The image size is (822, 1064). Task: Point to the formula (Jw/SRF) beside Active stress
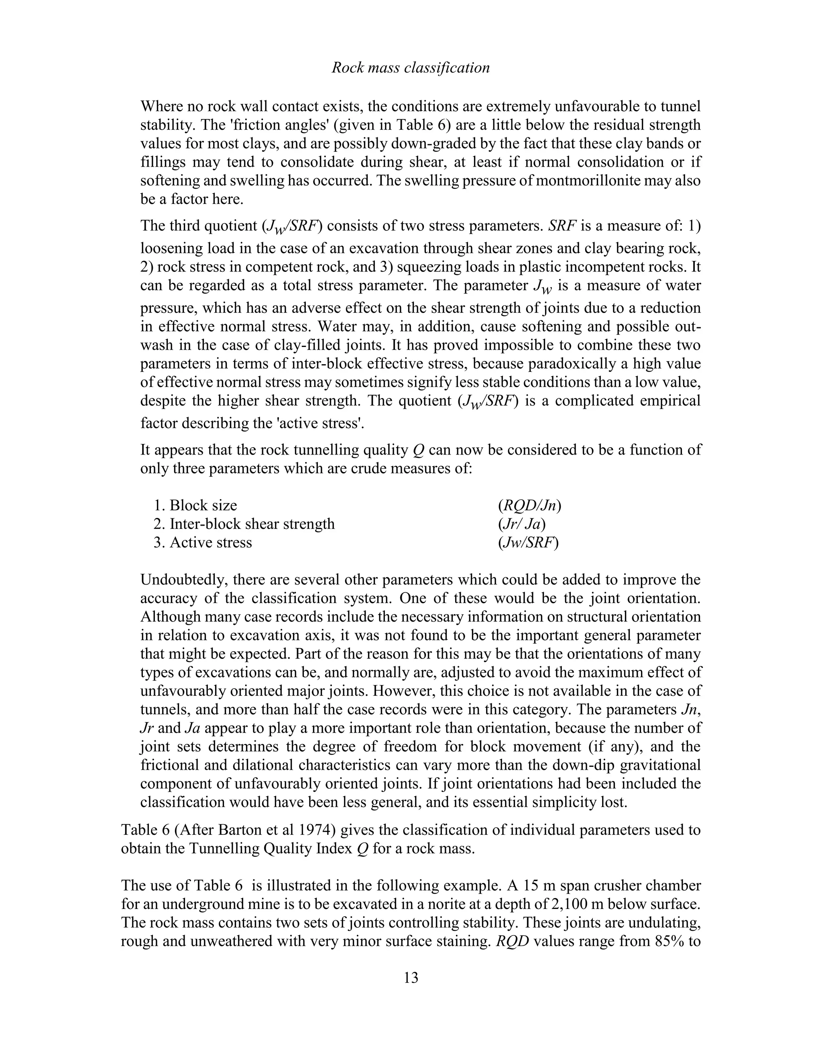528,543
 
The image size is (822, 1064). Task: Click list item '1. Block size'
195,506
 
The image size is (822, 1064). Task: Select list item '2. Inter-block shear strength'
244,524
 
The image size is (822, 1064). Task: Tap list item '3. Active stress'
203,543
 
